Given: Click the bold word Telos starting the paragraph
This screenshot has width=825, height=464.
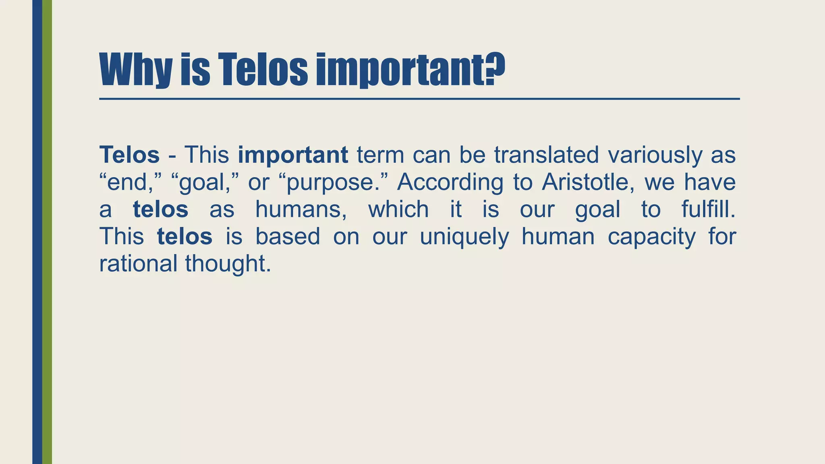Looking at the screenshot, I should [129, 155].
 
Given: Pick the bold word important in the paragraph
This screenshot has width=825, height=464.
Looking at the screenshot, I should [293, 155].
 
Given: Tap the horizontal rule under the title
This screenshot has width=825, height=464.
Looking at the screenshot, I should [419, 99].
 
